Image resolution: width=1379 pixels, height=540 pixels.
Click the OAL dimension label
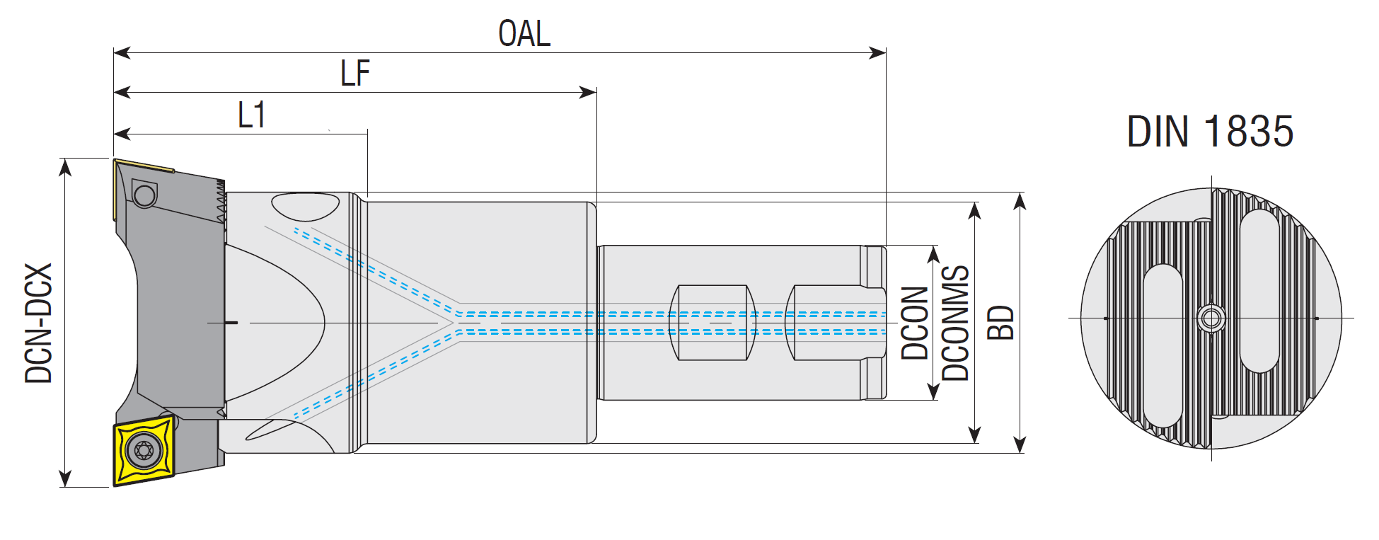pyautogui.click(x=524, y=33)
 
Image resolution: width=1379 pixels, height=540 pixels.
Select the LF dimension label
pyautogui.click(x=355, y=73)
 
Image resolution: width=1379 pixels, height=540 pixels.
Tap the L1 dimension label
pyautogui.click(x=252, y=115)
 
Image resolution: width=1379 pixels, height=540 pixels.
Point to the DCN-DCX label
pyautogui.click(x=39, y=323)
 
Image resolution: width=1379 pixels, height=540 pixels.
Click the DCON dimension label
pyautogui.click(x=914, y=323)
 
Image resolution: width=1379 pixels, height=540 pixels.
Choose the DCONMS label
pyautogui.click(x=955, y=323)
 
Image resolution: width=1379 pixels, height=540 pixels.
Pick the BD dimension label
pyautogui.click(x=1000, y=323)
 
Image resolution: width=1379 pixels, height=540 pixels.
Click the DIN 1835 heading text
pyautogui.click(x=1210, y=132)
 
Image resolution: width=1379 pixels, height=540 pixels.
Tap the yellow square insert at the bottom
pyautogui.click(x=144, y=450)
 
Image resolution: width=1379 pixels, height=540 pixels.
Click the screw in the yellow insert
pyautogui.click(x=144, y=450)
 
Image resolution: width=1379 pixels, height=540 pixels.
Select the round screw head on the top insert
pyautogui.click(x=144, y=195)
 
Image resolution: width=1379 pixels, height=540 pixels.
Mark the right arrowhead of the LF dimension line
pyautogui.click(x=589, y=92)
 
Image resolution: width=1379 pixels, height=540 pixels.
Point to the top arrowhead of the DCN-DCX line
pyautogui.click(x=65, y=166)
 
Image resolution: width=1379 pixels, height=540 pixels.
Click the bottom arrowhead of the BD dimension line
pyautogui.click(x=1020, y=444)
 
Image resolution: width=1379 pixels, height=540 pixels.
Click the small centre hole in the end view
pyautogui.click(x=1211, y=318)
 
